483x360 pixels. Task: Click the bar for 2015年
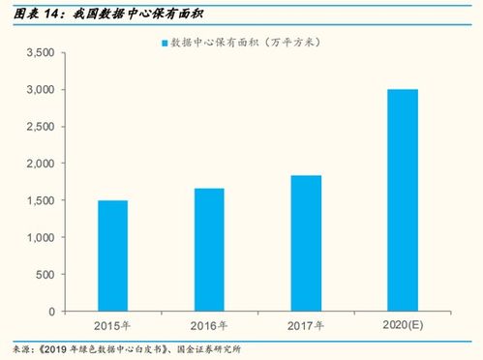click(112, 256)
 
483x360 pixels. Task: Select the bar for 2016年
click(209, 250)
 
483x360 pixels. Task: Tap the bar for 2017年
click(306, 244)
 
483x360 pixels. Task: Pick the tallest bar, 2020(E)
click(403, 200)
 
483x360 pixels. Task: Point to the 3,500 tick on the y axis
click(38, 53)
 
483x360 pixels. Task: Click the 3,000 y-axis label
click(38, 90)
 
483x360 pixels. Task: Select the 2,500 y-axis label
click(38, 127)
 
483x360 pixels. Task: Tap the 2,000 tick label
click(38, 164)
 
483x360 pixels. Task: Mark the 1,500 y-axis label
click(38, 201)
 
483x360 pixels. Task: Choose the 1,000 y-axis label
click(38, 238)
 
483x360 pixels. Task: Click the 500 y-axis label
click(45, 275)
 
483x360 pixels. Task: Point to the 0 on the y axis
click(51, 312)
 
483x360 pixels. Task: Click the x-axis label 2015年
click(112, 325)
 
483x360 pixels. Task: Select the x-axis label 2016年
click(209, 325)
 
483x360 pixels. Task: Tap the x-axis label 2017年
click(306, 325)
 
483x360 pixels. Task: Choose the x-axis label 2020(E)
click(403, 325)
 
